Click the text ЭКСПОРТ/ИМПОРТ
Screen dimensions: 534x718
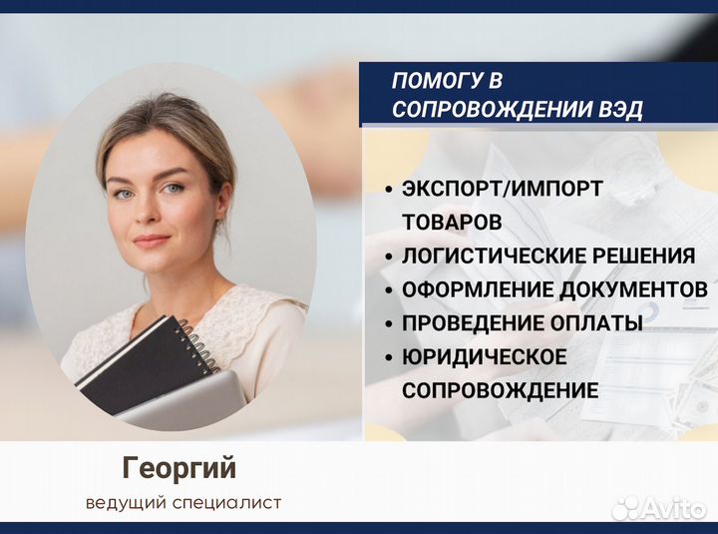point(503,188)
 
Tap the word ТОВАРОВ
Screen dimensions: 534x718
point(451,221)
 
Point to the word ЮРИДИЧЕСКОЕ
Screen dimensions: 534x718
point(485,357)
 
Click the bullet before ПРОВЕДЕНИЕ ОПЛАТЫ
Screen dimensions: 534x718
point(387,324)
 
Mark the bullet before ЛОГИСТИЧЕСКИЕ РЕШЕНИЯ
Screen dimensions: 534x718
point(387,257)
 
